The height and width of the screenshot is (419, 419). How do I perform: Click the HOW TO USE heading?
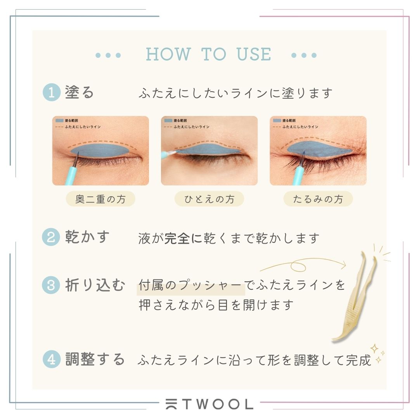[x=208, y=54]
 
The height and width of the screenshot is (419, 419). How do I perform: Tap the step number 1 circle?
[x=52, y=92]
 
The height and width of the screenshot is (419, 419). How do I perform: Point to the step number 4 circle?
[x=52, y=359]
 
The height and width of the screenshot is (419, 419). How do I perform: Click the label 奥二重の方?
[x=100, y=199]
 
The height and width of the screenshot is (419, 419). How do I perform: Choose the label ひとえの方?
[x=209, y=199]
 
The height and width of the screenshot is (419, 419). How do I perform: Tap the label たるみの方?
[x=318, y=199]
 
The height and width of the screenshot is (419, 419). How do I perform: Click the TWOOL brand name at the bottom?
[x=209, y=404]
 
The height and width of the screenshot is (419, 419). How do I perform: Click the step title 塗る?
[x=80, y=92]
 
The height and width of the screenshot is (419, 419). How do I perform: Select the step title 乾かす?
[x=87, y=237]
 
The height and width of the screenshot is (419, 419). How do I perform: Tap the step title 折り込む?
[x=95, y=285]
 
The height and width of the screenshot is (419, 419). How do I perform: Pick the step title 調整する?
[x=95, y=359]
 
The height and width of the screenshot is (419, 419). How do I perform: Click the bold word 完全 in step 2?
[x=177, y=238]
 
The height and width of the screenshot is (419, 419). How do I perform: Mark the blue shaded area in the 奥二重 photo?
[x=100, y=150]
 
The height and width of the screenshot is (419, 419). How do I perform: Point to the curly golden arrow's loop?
[x=298, y=266]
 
